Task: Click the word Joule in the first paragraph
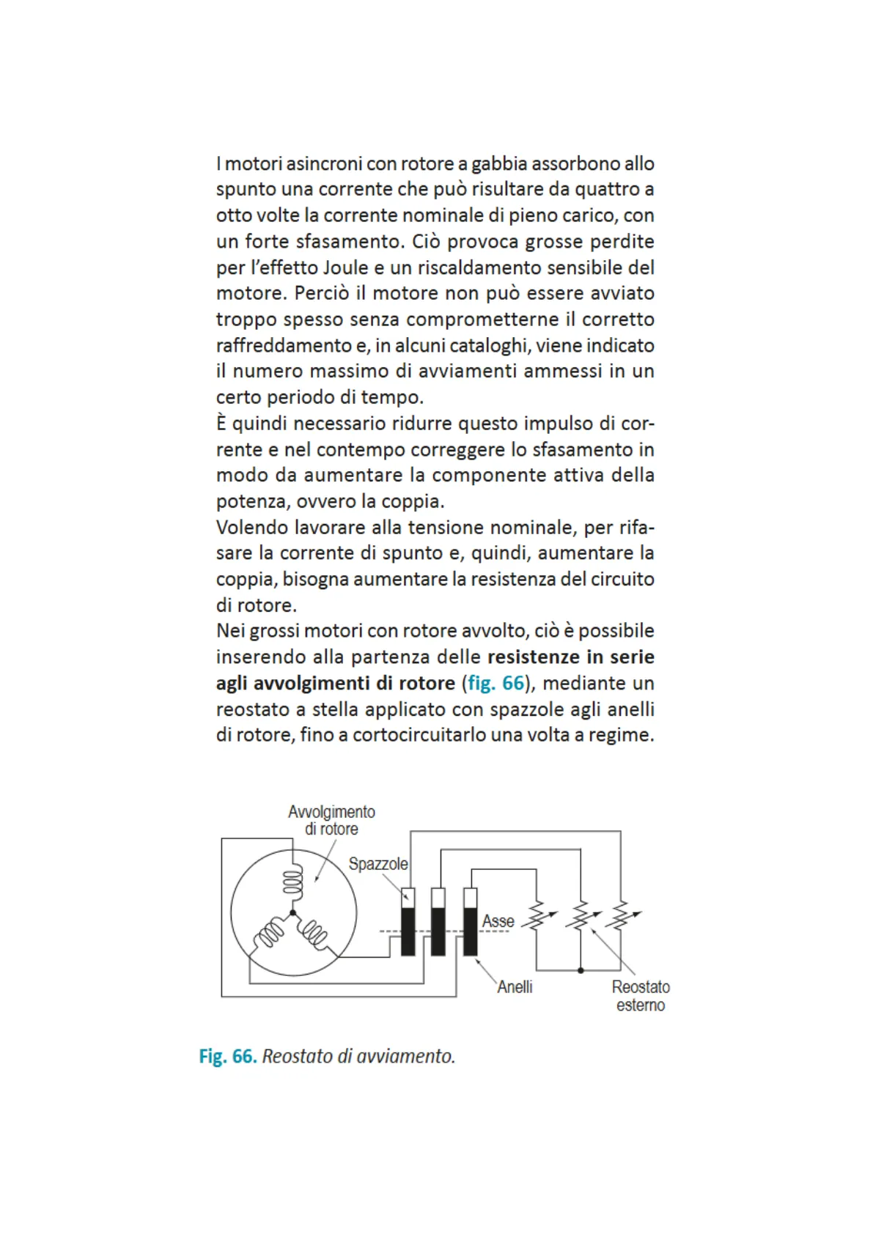tap(345, 267)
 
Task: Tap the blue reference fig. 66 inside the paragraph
tap(496, 683)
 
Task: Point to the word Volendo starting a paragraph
tap(252, 527)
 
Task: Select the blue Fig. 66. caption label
tap(227, 1056)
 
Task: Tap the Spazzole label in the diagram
tap(377, 864)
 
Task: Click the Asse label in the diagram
tap(498, 921)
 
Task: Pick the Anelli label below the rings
tap(515, 987)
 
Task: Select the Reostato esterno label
tap(641, 996)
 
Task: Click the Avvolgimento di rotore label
tap(331, 820)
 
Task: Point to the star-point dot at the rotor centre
tap(292, 913)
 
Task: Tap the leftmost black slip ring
tap(408, 931)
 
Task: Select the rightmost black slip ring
tap(471, 931)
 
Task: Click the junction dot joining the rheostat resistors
tap(581, 970)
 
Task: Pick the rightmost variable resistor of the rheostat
tap(622, 917)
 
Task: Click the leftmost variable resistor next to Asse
tap(537, 917)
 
